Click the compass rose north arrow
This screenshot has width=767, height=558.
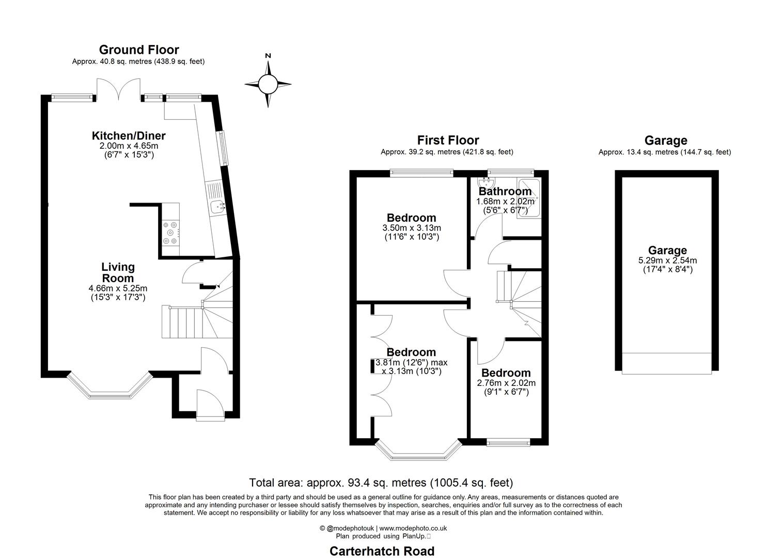pyautogui.click(x=268, y=67)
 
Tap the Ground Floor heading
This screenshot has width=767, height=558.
pyautogui.click(x=138, y=50)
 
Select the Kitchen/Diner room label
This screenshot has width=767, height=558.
pyautogui.click(x=129, y=136)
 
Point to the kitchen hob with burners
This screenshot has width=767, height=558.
pyautogui.click(x=170, y=233)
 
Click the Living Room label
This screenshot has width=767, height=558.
pyautogui.click(x=118, y=273)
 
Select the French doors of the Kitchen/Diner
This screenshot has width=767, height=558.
pyautogui.click(x=119, y=89)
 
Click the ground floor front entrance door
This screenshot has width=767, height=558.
pyautogui.click(x=210, y=405)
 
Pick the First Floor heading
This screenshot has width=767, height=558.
pyautogui.click(x=448, y=140)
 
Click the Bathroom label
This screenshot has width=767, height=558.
pyautogui.click(x=505, y=191)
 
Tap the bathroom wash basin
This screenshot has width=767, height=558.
pyautogui.click(x=486, y=184)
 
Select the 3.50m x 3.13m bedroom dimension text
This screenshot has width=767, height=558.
pyautogui.click(x=412, y=228)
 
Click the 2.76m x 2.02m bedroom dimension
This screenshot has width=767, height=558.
pyautogui.click(x=506, y=383)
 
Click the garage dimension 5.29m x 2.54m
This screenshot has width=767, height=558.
pyautogui.click(x=667, y=260)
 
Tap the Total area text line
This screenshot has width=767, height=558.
pyautogui.click(x=381, y=483)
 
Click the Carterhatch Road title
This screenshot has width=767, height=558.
pyautogui.click(x=382, y=551)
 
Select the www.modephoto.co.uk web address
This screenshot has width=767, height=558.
pyautogui.click(x=413, y=528)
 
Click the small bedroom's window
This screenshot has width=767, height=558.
pyautogui.click(x=509, y=442)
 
